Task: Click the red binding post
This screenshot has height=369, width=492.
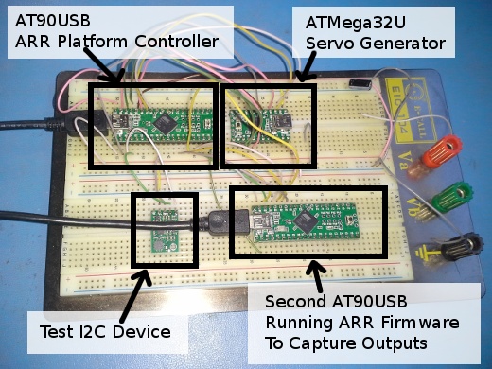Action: [446, 150]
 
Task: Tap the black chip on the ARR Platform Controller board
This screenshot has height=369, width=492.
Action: [167, 121]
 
